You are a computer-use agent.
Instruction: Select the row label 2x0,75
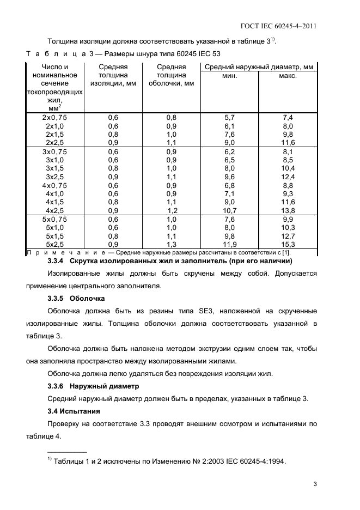pyautogui.click(x=54, y=117)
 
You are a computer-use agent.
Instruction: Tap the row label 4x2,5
pyautogui.click(x=54, y=210)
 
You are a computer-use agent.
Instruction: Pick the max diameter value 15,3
pyautogui.click(x=288, y=245)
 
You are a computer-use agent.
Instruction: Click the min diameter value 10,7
pyautogui.click(x=229, y=210)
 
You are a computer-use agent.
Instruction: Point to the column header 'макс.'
pyautogui.click(x=288, y=76)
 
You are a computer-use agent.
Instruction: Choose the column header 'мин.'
pyautogui.click(x=229, y=76)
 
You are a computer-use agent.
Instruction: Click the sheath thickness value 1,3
pyautogui.click(x=172, y=245)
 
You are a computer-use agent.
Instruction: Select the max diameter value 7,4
pyautogui.click(x=288, y=117)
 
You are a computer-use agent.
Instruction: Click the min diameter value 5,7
pyautogui.click(x=229, y=117)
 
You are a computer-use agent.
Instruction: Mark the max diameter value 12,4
pyautogui.click(x=288, y=177)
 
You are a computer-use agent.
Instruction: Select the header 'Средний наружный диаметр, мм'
pyautogui.click(x=258, y=67)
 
